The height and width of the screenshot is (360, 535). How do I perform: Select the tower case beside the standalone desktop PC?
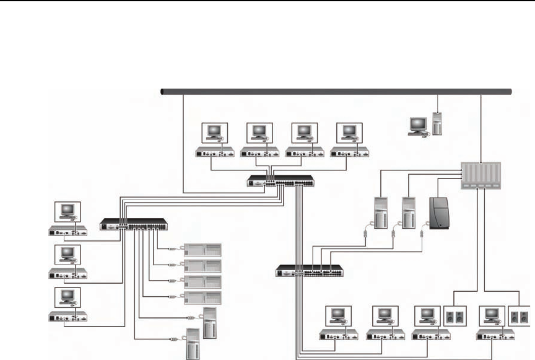coord(438,123)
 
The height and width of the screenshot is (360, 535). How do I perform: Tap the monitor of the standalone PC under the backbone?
coord(416,124)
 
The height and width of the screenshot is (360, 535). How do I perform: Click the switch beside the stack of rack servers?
coord(134,224)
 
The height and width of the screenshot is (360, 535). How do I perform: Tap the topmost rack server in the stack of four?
coord(202,250)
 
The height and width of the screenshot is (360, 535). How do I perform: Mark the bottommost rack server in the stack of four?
coord(202,296)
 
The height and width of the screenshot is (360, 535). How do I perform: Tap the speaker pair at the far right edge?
coord(519,317)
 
